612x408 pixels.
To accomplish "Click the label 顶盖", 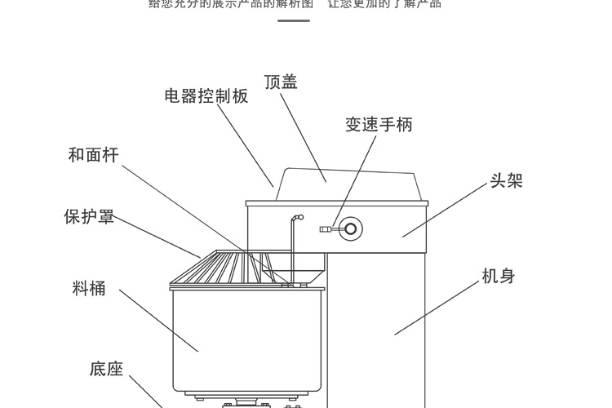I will pos(281,82).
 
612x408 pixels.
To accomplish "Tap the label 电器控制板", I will pos(206,96).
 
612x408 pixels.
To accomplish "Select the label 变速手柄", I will pos(379,124).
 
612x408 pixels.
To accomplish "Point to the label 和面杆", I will pos(93,155).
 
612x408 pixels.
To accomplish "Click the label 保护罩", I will pos(89,217).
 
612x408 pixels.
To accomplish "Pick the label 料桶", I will pos(89,288).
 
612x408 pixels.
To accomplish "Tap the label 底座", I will pos(106,369).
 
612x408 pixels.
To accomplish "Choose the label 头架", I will pos(506,180).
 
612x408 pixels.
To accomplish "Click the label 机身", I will pos(499,277).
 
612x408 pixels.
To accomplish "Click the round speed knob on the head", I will pos(351,228).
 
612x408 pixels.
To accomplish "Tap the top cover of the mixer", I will pos(351,184).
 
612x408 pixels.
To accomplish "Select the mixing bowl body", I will pos(245,335).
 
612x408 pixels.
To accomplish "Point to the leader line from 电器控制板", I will pos(253,148).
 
